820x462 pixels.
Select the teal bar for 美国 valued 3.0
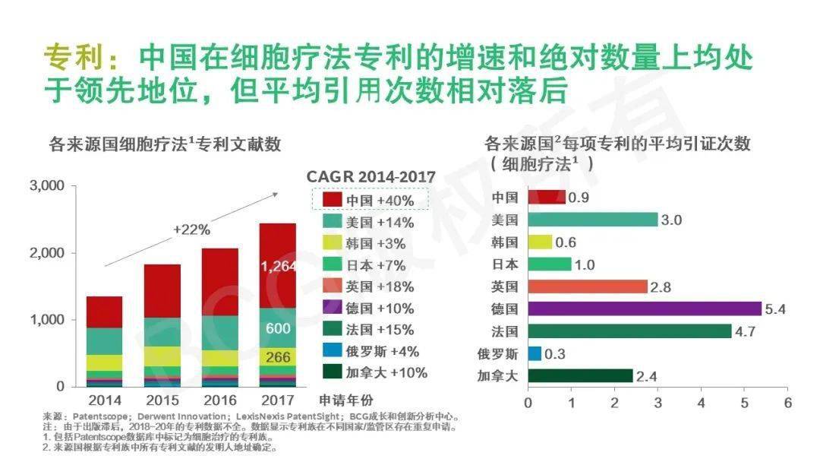592,220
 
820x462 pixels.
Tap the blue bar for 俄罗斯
534,353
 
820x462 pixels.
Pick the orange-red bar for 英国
587,286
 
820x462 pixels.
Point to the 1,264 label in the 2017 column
278,267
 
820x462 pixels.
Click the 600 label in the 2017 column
278,328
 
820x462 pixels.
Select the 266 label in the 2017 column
278,357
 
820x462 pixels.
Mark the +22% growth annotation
191,229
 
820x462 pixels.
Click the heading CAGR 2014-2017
371,177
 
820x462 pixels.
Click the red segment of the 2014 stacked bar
104,312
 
